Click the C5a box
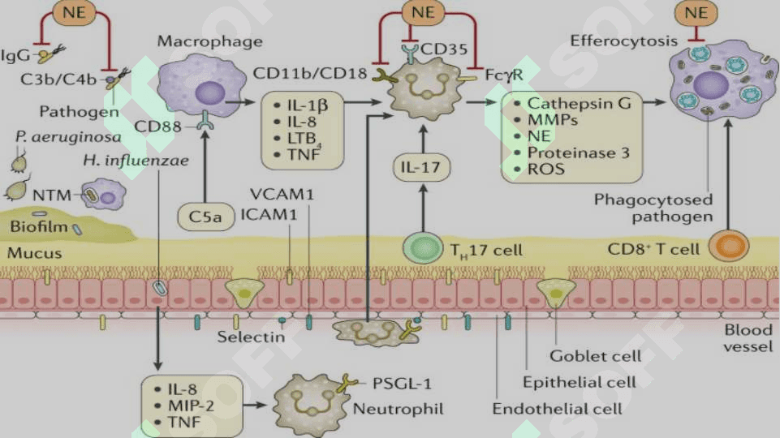(x=206, y=217)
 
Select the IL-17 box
(x=421, y=168)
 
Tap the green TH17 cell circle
(x=422, y=247)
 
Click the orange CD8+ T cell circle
(x=729, y=246)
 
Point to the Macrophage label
(x=210, y=41)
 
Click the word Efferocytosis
(x=624, y=41)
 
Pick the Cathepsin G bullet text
(x=579, y=103)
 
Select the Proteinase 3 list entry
(x=579, y=152)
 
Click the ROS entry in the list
(x=545, y=169)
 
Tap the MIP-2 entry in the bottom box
(x=191, y=406)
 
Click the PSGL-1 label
(x=402, y=384)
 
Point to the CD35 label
(x=444, y=49)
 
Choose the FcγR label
(x=504, y=75)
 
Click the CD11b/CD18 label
(x=310, y=74)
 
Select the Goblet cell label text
(x=596, y=356)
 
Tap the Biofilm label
(x=39, y=227)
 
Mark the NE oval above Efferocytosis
(x=696, y=12)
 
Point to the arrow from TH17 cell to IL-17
(x=423, y=208)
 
